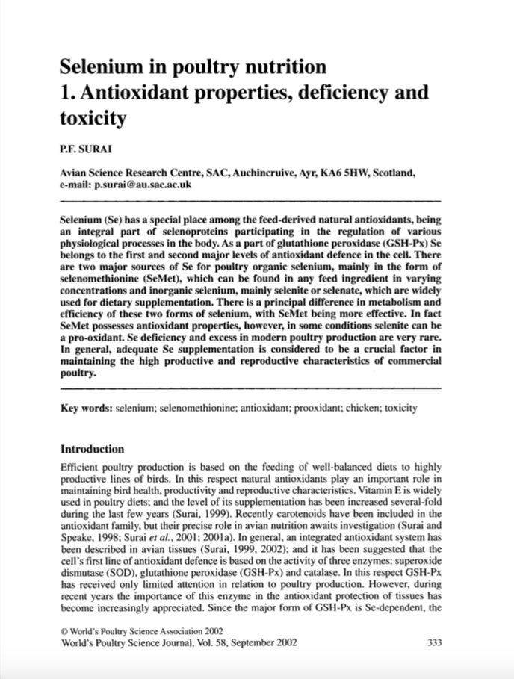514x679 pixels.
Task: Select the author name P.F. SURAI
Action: click(x=84, y=149)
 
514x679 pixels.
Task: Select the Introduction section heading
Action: click(x=92, y=450)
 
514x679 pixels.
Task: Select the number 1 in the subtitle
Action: click(x=65, y=93)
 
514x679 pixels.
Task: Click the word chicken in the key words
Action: click(x=362, y=409)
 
